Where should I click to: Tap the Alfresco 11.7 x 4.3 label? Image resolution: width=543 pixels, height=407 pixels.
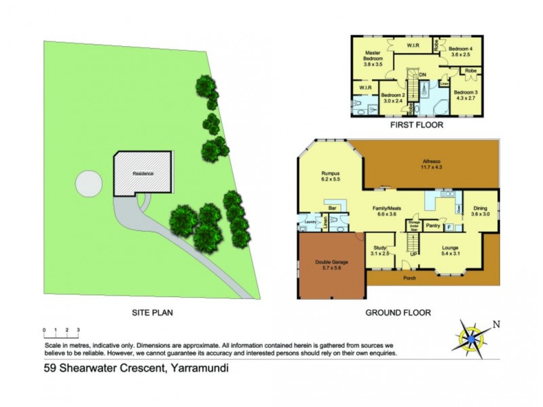click(x=428, y=163)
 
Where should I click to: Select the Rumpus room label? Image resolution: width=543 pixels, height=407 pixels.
click(x=330, y=178)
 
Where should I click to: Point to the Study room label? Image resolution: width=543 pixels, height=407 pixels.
click(x=379, y=250)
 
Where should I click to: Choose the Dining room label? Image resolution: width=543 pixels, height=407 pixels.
click(x=481, y=211)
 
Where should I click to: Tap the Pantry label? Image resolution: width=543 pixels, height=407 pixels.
click(x=432, y=225)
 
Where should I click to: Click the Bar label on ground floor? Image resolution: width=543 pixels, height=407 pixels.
click(x=333, y=208)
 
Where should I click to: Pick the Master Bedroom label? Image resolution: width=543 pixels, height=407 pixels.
click(x=372, y=59)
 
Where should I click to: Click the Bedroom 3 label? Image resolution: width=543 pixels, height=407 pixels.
click(x=466, y=95)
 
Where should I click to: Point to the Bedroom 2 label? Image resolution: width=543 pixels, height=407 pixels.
click(x=392, y=98)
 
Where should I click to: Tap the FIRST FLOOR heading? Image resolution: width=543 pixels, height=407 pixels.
click(x=417, y=125)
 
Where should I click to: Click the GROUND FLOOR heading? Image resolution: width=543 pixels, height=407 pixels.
click(x=398, y=313)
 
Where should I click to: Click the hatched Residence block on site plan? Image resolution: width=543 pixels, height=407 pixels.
click(x=143, y=174)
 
